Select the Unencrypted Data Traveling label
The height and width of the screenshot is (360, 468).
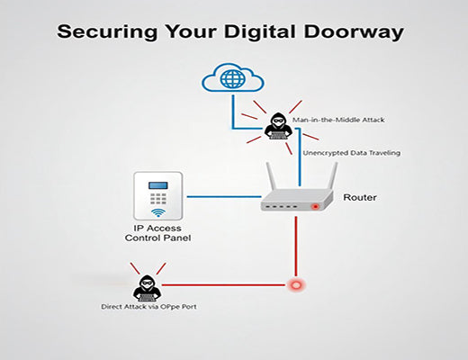(x=352, y=153)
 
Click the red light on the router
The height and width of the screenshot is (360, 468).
(x=315, y=206)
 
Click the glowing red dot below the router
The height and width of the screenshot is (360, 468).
(x=294, y=286)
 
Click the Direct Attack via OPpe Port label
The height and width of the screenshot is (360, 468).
(x=148, y=307)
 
